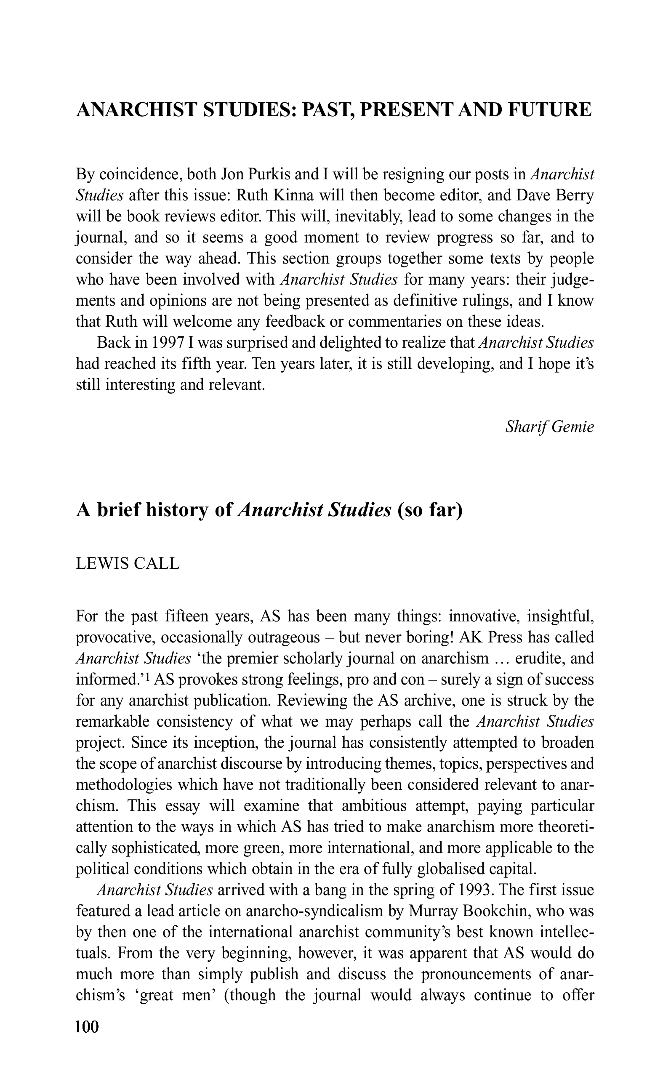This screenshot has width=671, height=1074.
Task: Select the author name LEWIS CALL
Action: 128,564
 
